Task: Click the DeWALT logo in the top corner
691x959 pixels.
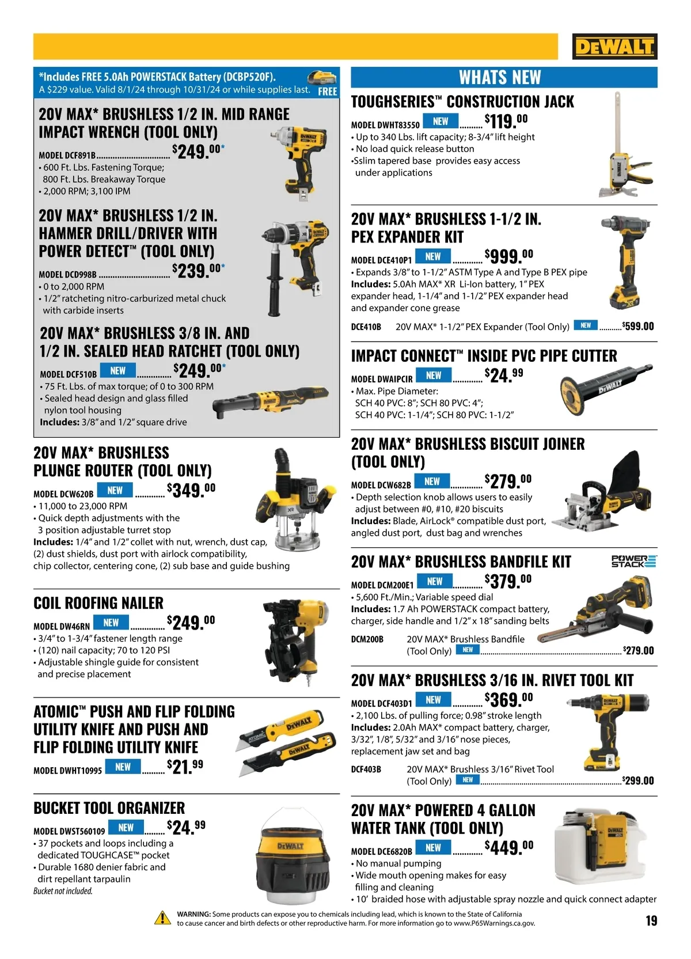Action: [614, 46]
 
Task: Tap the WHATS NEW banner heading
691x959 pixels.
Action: [500, 78]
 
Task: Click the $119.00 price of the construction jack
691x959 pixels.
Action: [506, 121]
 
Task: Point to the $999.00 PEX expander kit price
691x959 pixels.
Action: [509, 256]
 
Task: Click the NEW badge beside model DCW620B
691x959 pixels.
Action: [115, 490]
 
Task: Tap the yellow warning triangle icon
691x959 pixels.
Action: [163, 918]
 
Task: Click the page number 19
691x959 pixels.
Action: [651, 920]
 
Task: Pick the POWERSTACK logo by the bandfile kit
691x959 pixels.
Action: [634, 561]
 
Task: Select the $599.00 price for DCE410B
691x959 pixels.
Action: [638, 326]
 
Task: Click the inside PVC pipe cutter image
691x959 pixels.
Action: [606, 389]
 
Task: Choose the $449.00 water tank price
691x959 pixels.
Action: [509, 847]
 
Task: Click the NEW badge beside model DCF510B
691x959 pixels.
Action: [117, 371]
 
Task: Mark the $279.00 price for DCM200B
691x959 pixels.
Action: [638, 651]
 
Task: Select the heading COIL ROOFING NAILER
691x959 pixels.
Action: [98, 603]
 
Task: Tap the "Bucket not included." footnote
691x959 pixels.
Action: [63, 891]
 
